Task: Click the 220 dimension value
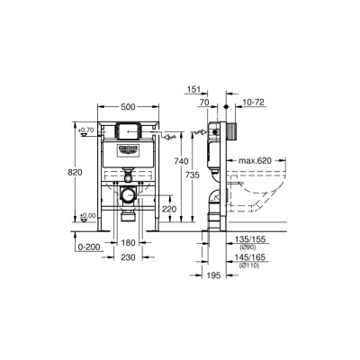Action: [x=167, y=208]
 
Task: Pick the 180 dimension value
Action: [x=128, y=242]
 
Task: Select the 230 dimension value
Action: [x=128, y=256]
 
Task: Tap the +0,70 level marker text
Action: [x=86, y=130]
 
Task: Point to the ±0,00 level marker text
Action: [x=86, y=215]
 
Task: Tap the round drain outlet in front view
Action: [x=128, y=193]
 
